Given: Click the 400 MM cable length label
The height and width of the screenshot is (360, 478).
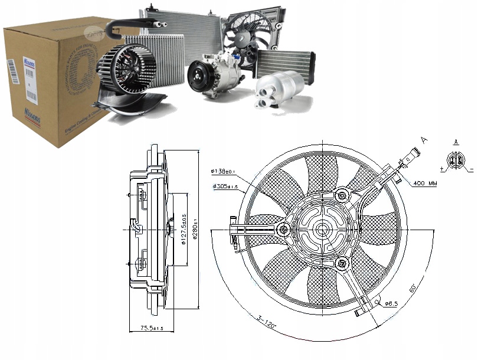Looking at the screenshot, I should click(x=425, y=184).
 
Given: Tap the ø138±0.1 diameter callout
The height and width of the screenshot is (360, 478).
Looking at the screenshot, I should click(x=222, y=172).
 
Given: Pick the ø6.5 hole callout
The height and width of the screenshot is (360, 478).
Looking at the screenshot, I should click(x=391, y=304).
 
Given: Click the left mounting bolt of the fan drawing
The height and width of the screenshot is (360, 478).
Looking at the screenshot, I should click(x=284, y=229).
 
